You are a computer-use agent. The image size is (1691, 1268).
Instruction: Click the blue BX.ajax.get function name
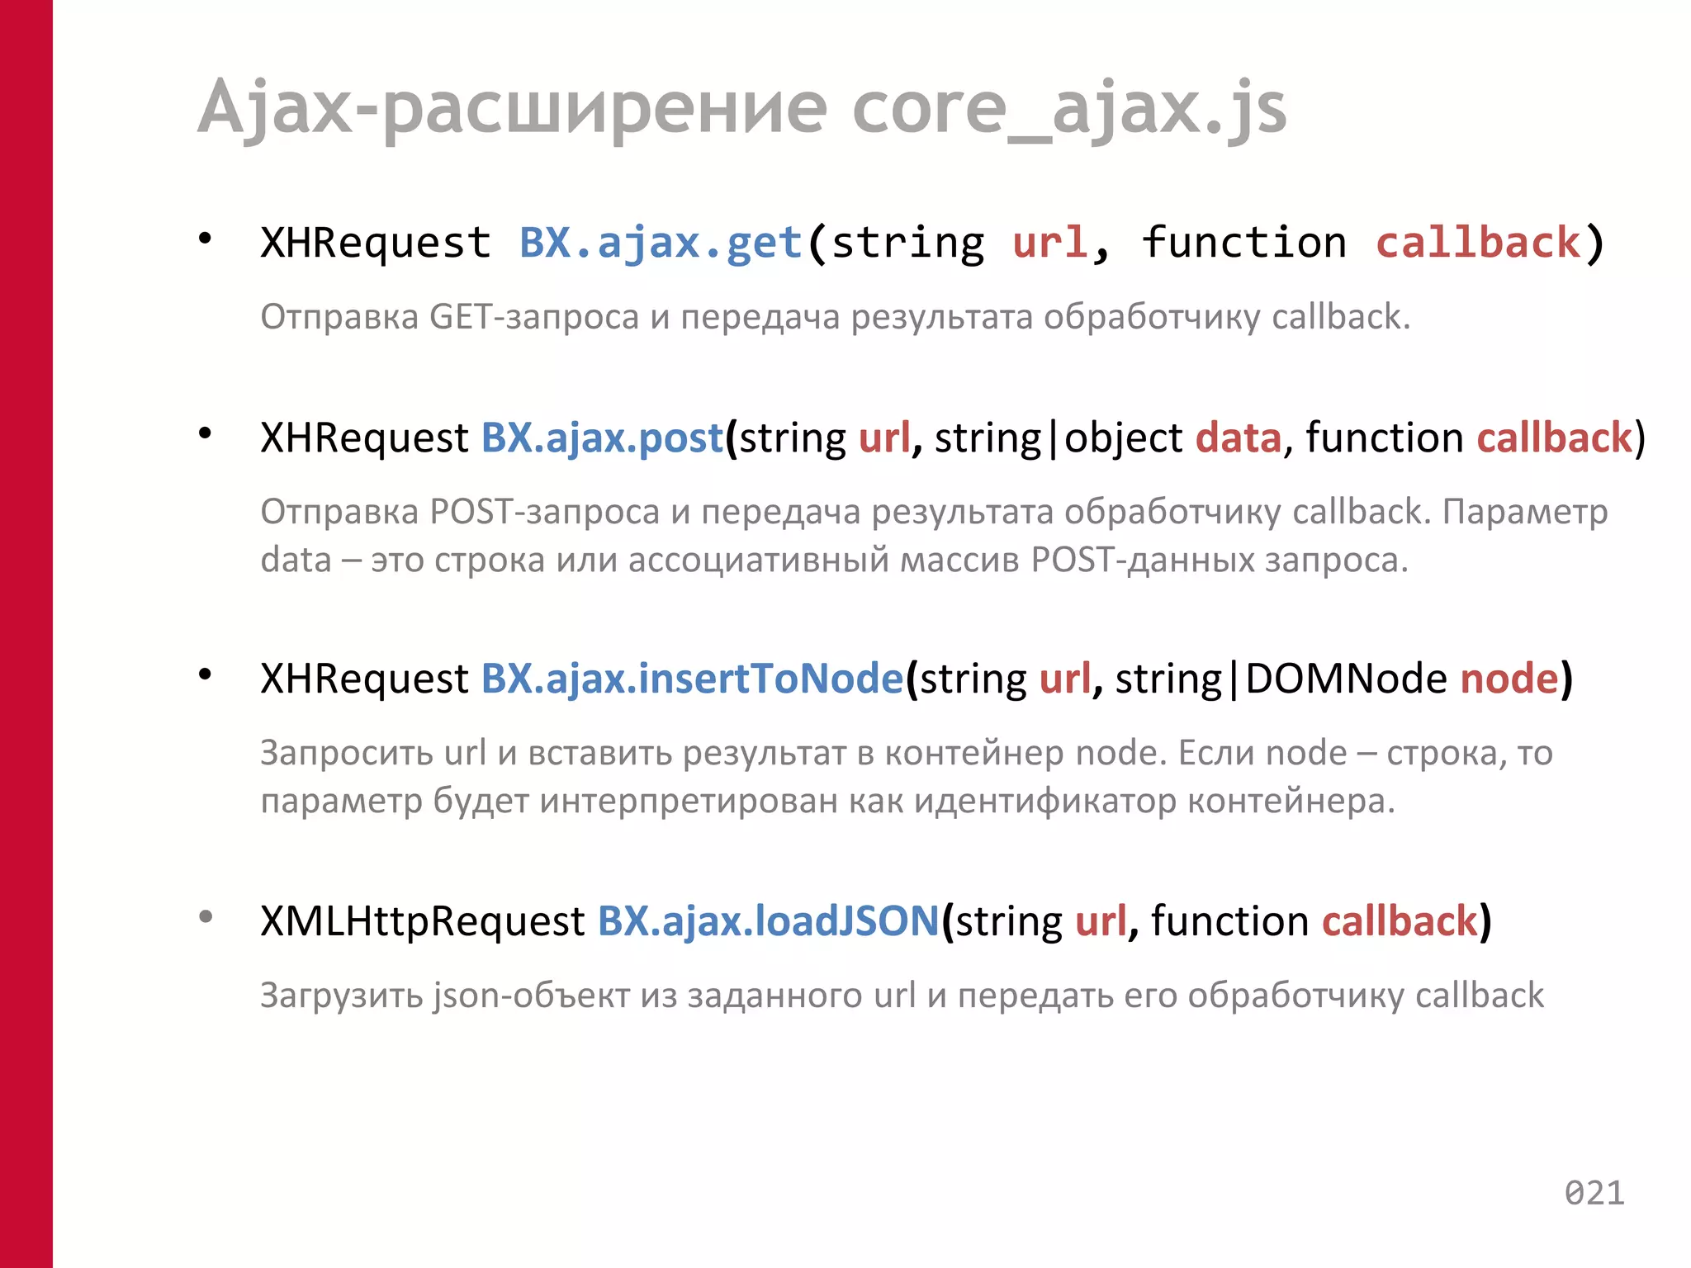click(x=661, y=244)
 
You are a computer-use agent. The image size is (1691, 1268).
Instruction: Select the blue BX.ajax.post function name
click(x=602, y=438)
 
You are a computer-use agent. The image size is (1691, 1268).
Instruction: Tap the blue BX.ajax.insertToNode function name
click(x=692, y=679)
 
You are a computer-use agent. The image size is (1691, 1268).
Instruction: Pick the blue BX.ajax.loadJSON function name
click(x=768, y=921)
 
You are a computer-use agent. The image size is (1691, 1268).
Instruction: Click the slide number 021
click(x=1594, y=1193)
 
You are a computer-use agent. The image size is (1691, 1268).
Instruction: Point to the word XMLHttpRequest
click(x=422, y=921)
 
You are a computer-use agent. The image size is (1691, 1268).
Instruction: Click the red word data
click(x=1239, y=438)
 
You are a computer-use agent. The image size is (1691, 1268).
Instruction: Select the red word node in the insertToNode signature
click(x=1509, y=679)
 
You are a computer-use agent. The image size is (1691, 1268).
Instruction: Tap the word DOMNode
click(x=1346, y=679)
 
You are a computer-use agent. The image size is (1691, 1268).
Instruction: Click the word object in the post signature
click(x=1123, y=438)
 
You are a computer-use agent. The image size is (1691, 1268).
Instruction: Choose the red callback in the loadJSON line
click(x=1400, y=921)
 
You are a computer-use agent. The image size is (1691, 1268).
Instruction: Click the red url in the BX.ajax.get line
click(x=1049, y=244)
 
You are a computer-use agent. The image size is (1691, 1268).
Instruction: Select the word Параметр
click(x=1525, y=512)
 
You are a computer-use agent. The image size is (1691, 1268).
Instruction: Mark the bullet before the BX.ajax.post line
click(x=206, y=433)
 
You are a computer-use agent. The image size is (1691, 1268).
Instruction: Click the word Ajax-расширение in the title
click(x=512, y=110)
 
